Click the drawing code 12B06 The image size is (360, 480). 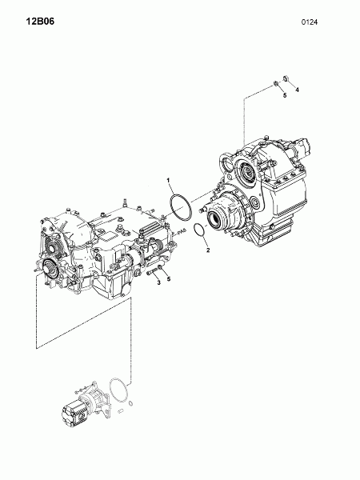[40, 22]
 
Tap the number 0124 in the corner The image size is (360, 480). [310, 22]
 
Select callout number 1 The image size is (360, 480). [168, 180]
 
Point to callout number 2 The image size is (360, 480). [208, 250]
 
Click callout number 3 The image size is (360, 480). [159, 282]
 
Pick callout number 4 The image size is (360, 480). [297, 90]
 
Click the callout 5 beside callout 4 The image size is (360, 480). [285, 95]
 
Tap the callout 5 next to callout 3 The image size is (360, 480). [168, 278]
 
